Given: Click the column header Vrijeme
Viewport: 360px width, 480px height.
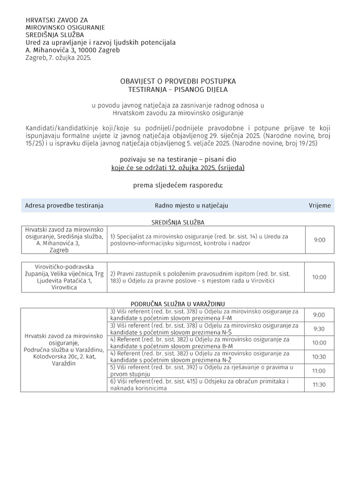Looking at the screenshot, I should [319, 205].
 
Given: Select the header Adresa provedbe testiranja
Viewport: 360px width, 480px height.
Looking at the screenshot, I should [64, 205].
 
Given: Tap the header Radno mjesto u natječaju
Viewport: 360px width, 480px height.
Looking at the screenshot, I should [191, 205].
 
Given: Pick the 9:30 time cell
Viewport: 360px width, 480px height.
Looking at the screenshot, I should [319, 329].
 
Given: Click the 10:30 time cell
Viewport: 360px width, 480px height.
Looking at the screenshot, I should [319, 357].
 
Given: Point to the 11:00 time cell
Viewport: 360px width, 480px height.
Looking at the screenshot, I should [319, 371].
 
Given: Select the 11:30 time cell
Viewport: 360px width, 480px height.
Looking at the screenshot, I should [319, 385].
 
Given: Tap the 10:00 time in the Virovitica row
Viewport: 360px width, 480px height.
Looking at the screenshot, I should [319, 277].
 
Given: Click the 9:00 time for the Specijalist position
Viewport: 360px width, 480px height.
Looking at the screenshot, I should [319, 240].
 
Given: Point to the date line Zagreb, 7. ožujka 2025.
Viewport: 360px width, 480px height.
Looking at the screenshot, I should [58, 58].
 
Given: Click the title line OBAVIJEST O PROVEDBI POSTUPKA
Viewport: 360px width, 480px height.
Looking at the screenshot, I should [178, 82].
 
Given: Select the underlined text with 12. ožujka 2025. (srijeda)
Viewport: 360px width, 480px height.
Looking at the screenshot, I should [178, 167].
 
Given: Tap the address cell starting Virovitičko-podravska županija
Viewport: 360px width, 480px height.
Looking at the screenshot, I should [64, 277].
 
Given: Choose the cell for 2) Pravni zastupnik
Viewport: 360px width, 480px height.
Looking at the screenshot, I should [205, 277].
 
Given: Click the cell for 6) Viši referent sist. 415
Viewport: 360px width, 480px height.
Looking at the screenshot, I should [205, 385].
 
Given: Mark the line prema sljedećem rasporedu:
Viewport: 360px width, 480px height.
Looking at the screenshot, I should [178, 185].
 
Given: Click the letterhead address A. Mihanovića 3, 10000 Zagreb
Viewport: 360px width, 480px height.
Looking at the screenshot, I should [73, 50].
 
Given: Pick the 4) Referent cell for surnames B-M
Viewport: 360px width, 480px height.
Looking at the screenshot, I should [205, 343].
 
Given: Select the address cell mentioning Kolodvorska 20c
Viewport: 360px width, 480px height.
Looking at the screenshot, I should [64, 350].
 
